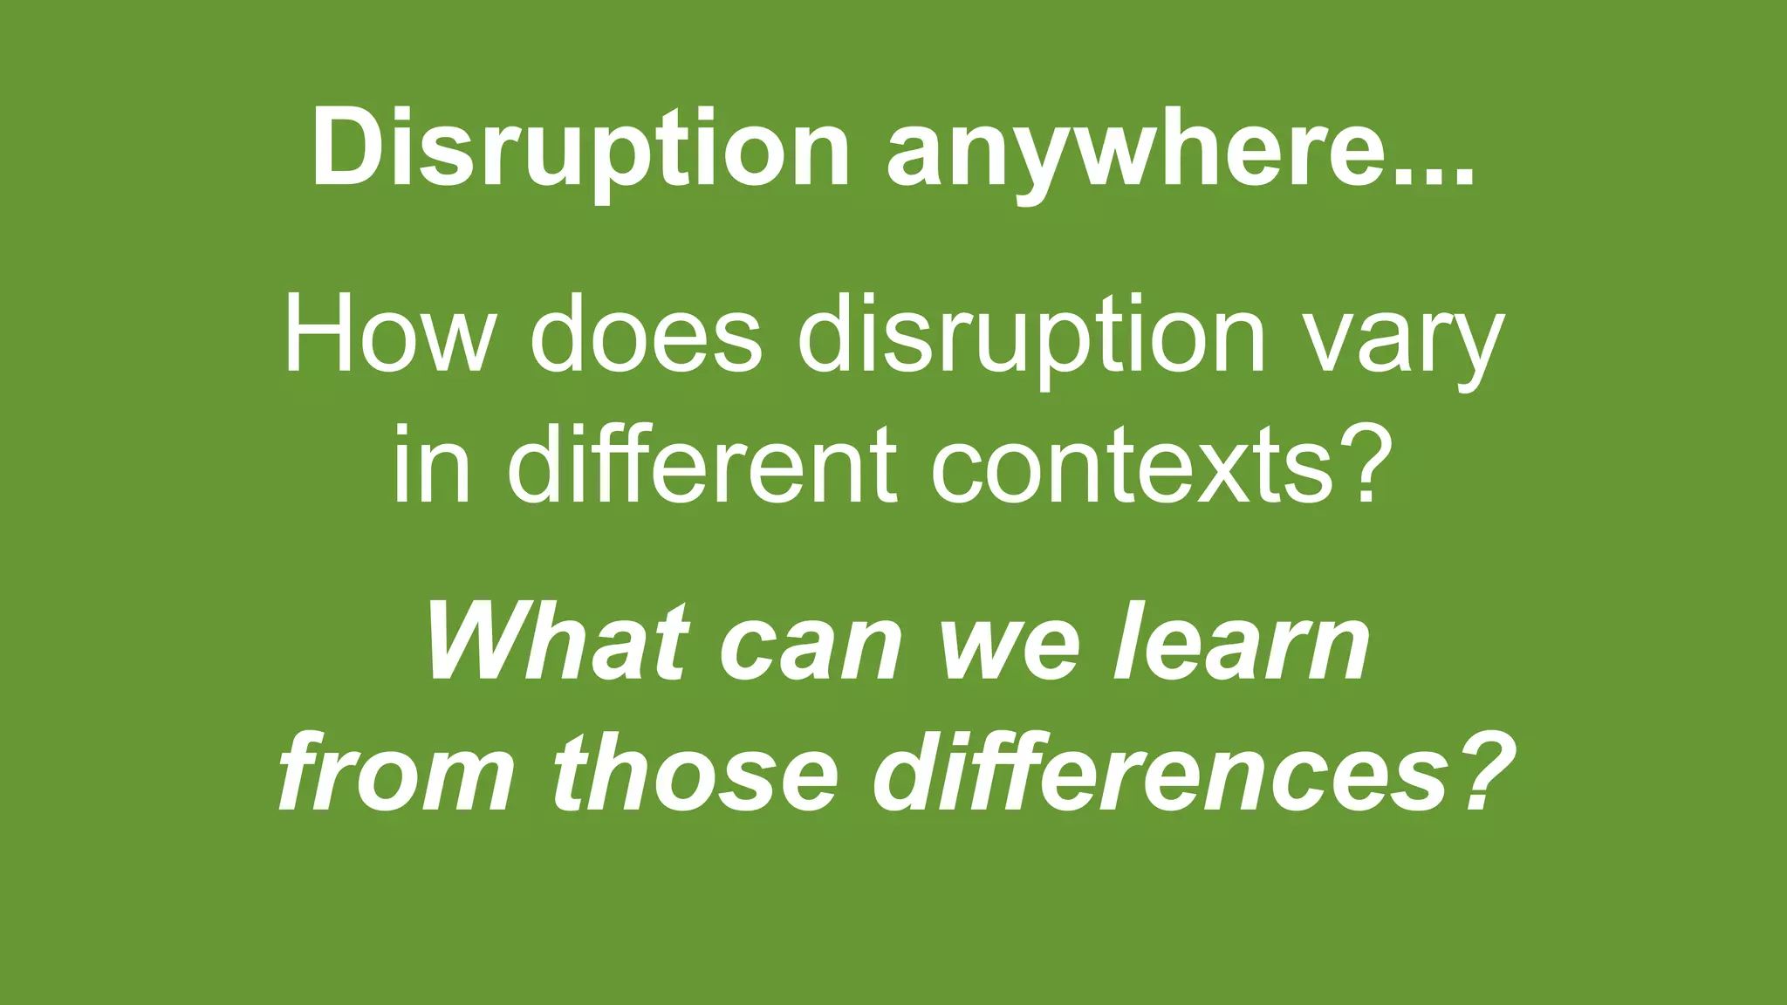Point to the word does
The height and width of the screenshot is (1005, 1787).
pos(646,336)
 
